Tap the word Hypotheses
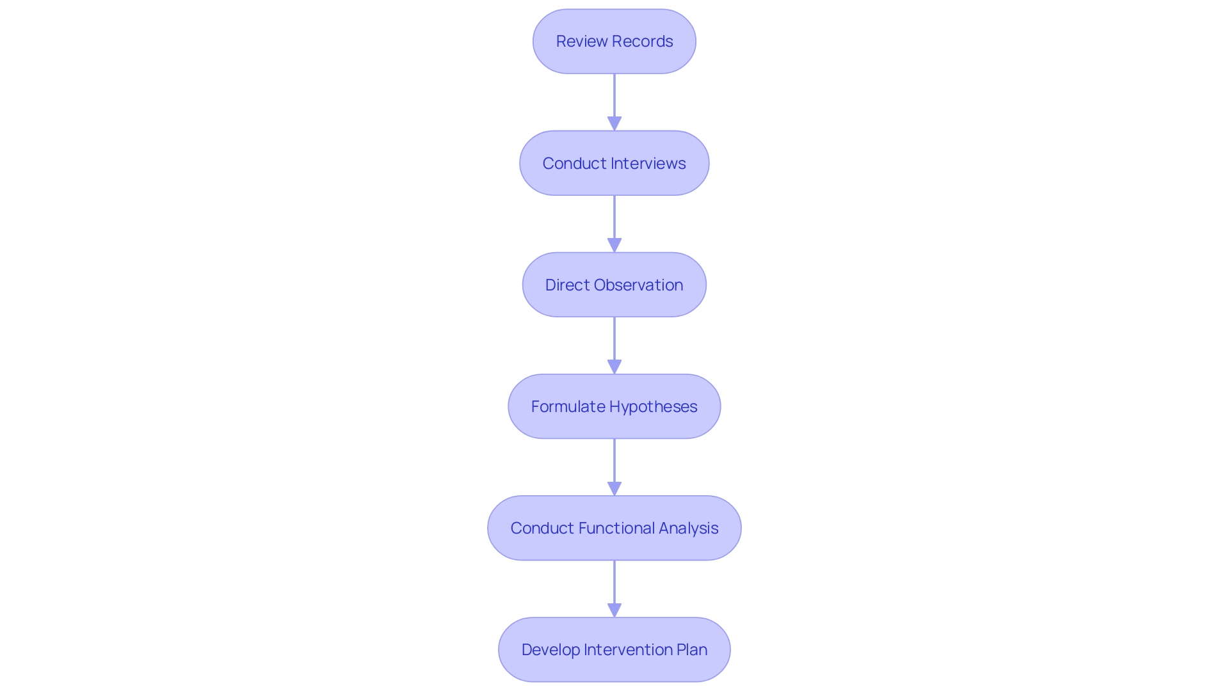[654, 407]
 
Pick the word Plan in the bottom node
[692, 650]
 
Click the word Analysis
[688, 528]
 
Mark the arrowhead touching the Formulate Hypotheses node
[614, 367]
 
